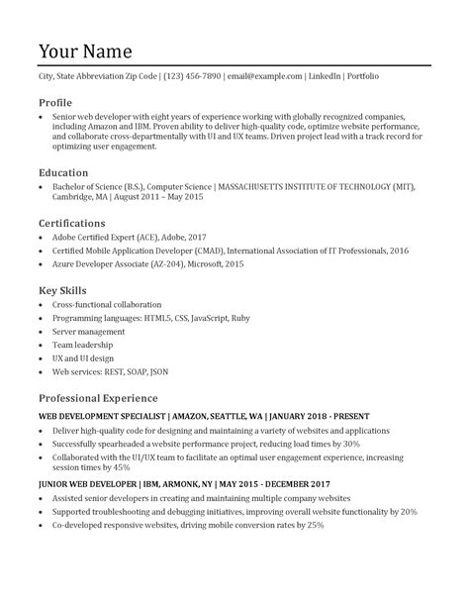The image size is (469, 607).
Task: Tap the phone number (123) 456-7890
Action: coord(192,76)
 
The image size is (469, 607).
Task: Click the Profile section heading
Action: coord(54,102)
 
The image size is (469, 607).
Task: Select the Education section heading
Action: coord(63,171)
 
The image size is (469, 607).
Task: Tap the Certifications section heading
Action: coord(71,223)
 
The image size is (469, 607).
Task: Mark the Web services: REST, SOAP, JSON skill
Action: coord(110,374)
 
